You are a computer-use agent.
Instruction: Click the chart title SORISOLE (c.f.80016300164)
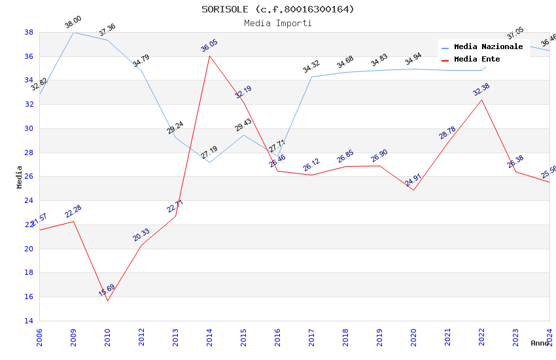point(277,9)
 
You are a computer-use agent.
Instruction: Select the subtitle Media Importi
point(277,23)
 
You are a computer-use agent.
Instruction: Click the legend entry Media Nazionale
point(488,47)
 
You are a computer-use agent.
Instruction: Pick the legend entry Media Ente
point(476,59)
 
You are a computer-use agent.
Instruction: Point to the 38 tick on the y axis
point(29,32)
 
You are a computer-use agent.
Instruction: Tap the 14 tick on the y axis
point(29,321)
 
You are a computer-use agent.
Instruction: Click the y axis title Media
point(20,177)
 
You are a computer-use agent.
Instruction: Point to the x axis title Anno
point(540,343)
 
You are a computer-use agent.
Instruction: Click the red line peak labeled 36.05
point(209,56)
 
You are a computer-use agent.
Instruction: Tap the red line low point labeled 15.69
point(107,300)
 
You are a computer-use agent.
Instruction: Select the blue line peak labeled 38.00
point(73,32)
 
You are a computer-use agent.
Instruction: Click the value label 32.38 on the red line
point(481,90)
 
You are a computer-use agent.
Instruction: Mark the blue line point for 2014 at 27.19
point(209,162)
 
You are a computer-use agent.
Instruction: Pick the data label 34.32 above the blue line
point(311,66)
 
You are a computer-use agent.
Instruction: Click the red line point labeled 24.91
point(413,190)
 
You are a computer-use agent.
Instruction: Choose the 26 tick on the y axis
point(29,177)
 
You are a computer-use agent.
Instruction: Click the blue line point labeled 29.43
point(243,135)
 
